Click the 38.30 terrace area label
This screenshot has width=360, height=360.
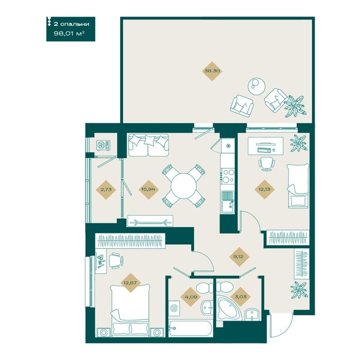pos(212,71)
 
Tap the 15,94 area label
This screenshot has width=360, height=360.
pos(149,189)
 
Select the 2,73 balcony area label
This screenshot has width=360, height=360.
pos(106,189)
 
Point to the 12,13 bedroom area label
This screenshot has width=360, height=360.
pos(264,189)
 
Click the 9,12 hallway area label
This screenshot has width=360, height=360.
pos(239,257)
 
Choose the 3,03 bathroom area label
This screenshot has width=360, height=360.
pos(241,297)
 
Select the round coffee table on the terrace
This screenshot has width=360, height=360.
pos(257,86)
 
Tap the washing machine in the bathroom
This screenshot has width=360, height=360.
pos(174,308)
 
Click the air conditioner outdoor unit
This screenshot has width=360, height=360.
pos(103,146)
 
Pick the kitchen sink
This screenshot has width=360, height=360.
pos(227,202)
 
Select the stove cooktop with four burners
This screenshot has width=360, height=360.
pos(228,175)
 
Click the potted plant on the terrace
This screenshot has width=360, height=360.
pos(295,106)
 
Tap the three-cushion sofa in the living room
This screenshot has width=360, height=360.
pos(148,145)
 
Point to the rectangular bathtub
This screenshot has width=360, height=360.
pos(190,329)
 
